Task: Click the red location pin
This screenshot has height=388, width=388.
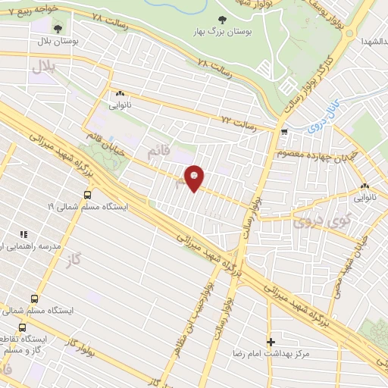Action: (x=195, y=177)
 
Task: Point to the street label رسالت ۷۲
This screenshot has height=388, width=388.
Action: (x=236, y=121)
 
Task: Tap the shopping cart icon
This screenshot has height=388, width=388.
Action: (x=284, y=132)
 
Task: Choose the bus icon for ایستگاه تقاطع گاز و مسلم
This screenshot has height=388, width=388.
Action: (x=21, y=327)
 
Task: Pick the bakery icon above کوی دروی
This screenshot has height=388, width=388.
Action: (x=365, y=186)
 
